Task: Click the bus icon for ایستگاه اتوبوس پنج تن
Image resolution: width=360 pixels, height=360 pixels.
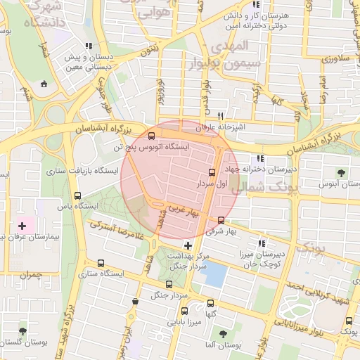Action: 152,136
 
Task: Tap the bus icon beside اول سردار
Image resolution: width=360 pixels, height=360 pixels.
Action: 212,172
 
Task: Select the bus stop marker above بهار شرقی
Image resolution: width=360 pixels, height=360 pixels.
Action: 222,219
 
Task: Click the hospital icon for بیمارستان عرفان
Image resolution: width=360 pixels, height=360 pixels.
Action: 22,227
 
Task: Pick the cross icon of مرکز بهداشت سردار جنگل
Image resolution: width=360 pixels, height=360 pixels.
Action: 187,245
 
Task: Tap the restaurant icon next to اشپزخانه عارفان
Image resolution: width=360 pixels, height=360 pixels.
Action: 220,116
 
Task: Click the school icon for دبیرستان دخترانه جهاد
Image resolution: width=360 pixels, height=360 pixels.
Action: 262,159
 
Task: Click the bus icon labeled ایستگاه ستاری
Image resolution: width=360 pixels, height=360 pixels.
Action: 101,264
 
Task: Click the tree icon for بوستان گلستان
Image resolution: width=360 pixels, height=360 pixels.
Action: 23,330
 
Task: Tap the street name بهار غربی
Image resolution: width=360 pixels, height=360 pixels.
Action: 184,210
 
